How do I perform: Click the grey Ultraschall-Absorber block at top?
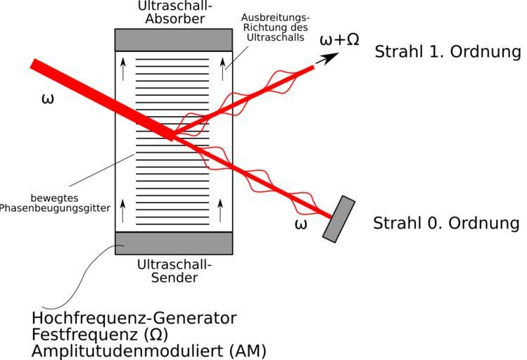pyautogui.click(x=173, y=39)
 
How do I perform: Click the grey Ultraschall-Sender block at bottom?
pyautogui.click(x=173, y=243)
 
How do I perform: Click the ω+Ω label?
pyautogui.click(x=339, y=39)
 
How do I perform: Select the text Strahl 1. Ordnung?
pyautogui.click(x=447, y=52)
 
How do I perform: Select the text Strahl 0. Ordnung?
pyautogui.click(x=446, y=224)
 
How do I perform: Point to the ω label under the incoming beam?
pyautogui.click(x=48, y=98)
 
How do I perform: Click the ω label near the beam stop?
pyautogui.click(x=300, y=224)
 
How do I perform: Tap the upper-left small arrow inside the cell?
pyautogui.click(x=124, y=68)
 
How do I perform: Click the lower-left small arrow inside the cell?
pyautogui.click(x=124, y=209)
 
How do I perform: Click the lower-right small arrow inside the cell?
pyautogui.click(x=222, y=209)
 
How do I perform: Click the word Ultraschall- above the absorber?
pyautogui.click(x=173, y=6)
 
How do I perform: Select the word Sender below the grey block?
pyautogui.click(x=174, y=277)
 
